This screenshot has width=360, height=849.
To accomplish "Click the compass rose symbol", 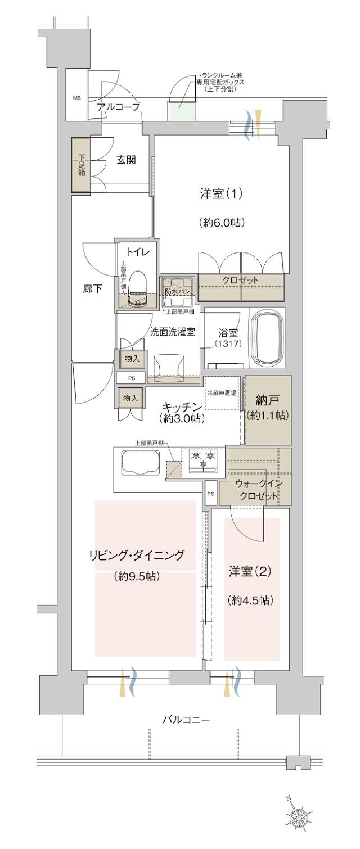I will click(x=298, y=813).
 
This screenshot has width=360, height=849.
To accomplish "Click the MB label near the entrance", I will click(x=76, y=98).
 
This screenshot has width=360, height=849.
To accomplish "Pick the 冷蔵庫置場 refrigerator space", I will click(x=222, y=394).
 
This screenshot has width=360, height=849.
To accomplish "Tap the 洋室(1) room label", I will click(x=220, y=194).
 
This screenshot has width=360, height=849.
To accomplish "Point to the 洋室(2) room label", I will click(x=250, y=572).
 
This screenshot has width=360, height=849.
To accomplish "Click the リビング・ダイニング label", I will click(x=136, y=556).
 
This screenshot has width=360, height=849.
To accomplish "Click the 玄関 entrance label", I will click(x=127, y=160).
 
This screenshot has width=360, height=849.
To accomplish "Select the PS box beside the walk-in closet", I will click(x=210, y=494).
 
